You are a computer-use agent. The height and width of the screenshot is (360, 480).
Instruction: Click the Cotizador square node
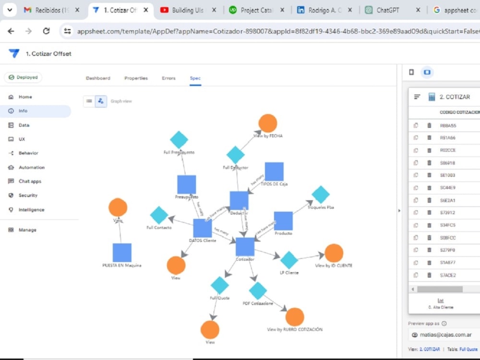pyautogui.click(x=245, y=247)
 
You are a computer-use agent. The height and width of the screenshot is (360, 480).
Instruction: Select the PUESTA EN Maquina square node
pyautogui.click(x=122, y=253)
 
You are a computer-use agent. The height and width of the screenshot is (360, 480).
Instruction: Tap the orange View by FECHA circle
pyautogui.click(x=268, y=123)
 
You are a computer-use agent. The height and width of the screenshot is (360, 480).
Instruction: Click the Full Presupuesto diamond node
pyautogui.click(x=179, y=140)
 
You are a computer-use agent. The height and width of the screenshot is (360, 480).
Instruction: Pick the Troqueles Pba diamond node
pyautogui.click(x=321, y=195)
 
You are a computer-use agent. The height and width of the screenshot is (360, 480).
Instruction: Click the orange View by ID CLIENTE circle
pyautogui.click(x=334, y=253)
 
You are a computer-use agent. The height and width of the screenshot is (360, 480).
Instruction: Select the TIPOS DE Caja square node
pyautogui.click(x=274, y=171)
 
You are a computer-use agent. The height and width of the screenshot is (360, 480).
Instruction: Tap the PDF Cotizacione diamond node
pyautogui.click(x=258, y=291)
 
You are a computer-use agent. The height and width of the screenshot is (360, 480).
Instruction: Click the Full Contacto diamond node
pyautogui.click(x=159, y=216)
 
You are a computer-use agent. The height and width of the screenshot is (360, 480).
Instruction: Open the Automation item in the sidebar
pyautogui.click(x=31, y=168)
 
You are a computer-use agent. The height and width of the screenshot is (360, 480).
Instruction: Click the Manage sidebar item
pyautogui.click(x=27, y=230)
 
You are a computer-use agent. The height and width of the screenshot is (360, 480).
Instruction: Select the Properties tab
pyautogui.click(x=136, y=78)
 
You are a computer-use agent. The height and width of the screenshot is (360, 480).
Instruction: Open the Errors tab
pyautogui.click(x=168, y=78)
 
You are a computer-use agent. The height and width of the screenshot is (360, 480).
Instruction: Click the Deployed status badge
pyautogui.click(x=23, y=77)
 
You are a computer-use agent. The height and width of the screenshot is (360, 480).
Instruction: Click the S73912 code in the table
pyautogui.click(x=447, y=213)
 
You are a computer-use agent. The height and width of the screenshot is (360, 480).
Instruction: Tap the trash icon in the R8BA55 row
pyautogui.click(x=429, y=125)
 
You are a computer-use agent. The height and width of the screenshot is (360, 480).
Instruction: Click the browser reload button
pyautogui.click(x=46, y=31)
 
